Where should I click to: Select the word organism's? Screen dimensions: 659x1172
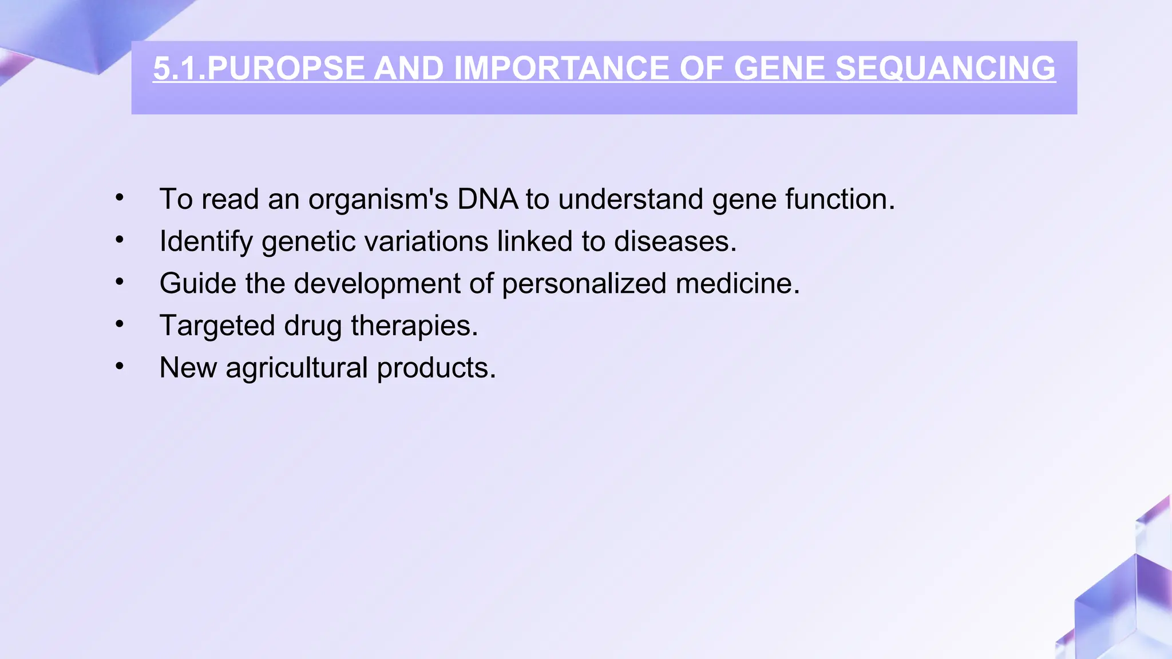click(x=378, y=199)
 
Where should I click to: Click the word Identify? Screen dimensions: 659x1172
click(x=206, y=241)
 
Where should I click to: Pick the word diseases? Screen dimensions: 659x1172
click(x=675, y=241)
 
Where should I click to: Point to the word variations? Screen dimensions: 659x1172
click(x=426, y=241)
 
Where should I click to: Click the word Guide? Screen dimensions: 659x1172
click(x=197, y=284)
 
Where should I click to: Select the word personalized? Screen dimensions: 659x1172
click(x=584, y=284)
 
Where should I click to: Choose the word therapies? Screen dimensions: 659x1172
click(x=414, y=325)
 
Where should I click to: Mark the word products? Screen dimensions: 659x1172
click(x=436, y=368)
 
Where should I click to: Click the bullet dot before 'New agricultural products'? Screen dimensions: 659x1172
click(x=119, y=366)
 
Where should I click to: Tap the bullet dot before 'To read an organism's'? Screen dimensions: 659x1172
click(x=119, y=198)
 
